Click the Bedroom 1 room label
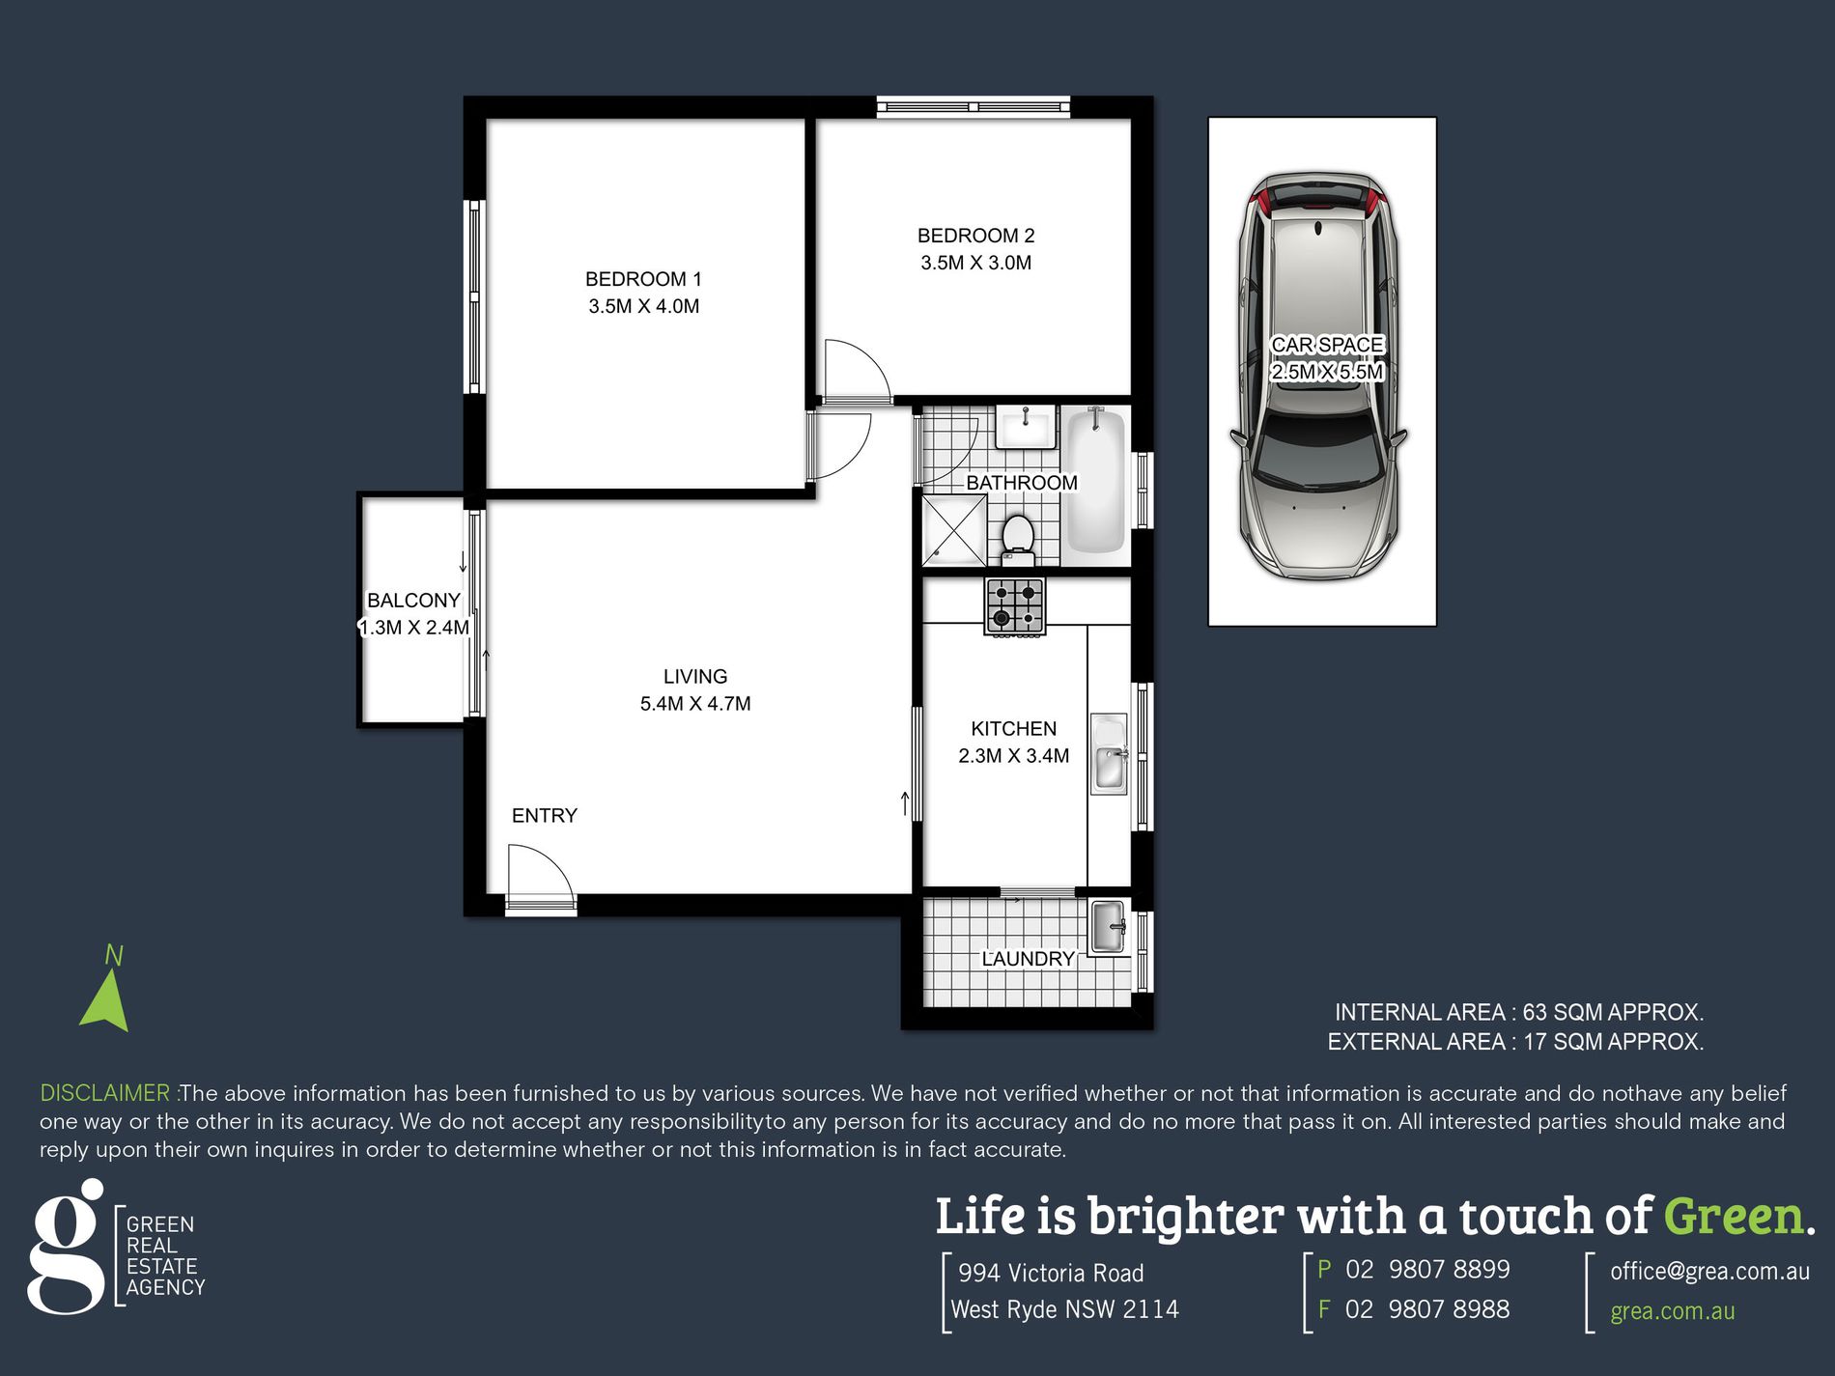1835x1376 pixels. (x=643, y=279)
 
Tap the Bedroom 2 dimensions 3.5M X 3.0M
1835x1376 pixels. (x=975, y=263)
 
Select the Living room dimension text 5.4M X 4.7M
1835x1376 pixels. (x=695, y=704)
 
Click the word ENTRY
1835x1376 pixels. (x=545, y=816)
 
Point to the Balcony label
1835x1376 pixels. (x=413, y=601)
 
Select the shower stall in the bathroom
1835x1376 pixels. (x=954, y=530)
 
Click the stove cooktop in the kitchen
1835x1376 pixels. (x=1014, y=605)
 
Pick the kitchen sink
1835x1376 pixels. (x=1109, y=754)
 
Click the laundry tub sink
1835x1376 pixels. (x=1109, y=926)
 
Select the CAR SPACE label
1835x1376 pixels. (x=1327, y=345)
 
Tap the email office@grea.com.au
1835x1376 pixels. (x=1709, y=1272)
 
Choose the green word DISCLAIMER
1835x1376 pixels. (x=105, y=1093)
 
